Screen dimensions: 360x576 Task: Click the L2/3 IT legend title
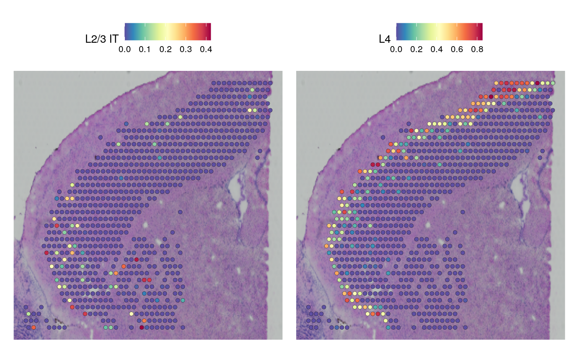pyautogui.click(x=102, y=39)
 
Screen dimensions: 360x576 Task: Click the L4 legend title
pyautogui.click(x=385, y=39)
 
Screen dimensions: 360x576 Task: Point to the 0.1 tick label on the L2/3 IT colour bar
pyautogui.click(x=145, y=49)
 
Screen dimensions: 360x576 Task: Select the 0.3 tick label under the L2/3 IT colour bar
pyautogui.click(x=186, y=49)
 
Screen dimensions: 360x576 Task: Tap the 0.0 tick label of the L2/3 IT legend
pyautogui.click(x=124, y=49)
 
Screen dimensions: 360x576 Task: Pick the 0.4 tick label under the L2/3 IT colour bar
pyautogui.click(x=206, y=49)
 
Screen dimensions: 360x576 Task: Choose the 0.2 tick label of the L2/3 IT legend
pyautogui.click(x=165, y=49)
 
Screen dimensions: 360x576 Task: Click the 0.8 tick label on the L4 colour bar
pyautogui.click(x=477, y=49)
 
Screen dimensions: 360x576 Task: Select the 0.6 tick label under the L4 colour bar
pyautogui.click(x=457, y=49)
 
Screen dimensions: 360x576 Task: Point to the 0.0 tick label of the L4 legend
pyautogui.click(x=396, y=49)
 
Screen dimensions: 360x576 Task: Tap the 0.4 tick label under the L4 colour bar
pyautogui.click(x=436, y=49)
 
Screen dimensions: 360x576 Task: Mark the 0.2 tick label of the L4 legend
pyautogui.click(x=416, y=49)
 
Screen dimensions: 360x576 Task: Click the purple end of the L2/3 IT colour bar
pyautogui.click(x=127, y=31)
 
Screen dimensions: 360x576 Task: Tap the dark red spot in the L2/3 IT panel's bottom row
pyautogui.click(x=141, y=327)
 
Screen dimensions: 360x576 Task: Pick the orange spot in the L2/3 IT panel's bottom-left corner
pyautogui.click(x=34, y=327)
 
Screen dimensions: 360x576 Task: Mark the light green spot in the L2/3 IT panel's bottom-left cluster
pyautogui.click(x=28, y=314)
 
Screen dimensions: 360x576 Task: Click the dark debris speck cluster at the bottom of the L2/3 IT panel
pyautogui.click(x=57, y=321)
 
